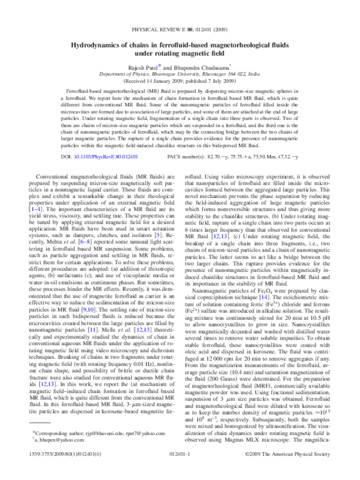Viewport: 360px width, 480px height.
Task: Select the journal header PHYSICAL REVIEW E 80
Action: (162, 28)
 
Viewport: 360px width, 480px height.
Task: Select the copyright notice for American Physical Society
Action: (287, 459)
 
